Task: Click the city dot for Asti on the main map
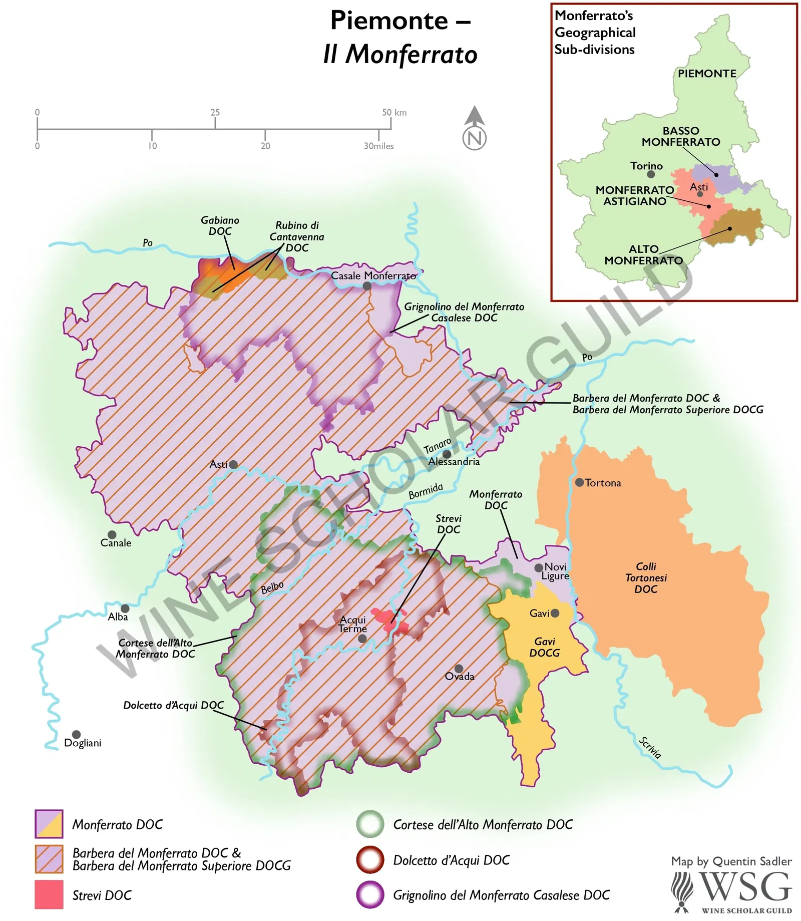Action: pyautogui.click(x=233, y=464)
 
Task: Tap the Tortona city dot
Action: pyautogui.click(x=579, y=482)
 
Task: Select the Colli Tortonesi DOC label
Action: pyautogui.click(x=646, y=577)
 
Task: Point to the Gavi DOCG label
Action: pyautogui.click(x=545, y=647)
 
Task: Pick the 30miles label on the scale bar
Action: pyautogui.click(x=378, y=146)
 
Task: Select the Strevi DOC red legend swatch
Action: pyautogui.click(x=49, y=894)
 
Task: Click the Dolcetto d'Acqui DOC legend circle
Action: pyautogui.click(x=370, y=859)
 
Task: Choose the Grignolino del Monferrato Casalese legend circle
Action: pyautogui.click(x=370, y=894)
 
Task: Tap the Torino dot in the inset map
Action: pyautogui.click(x=651, y=174)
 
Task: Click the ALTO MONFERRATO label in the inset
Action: pyautogui.click(x=643, y=254)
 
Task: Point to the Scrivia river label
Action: pyautogui.click(x=650, y=747)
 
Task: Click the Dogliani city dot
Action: pyautogui.click(x=76, y=735)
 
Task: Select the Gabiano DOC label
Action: pyautogui.click(x=220, y=225)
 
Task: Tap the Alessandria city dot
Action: pyautogui.click(x=447, y=454)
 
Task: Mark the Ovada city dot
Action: pyautogui.click(x=459, y=669)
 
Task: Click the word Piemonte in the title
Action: pyautogui.click(x=389, y=21)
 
